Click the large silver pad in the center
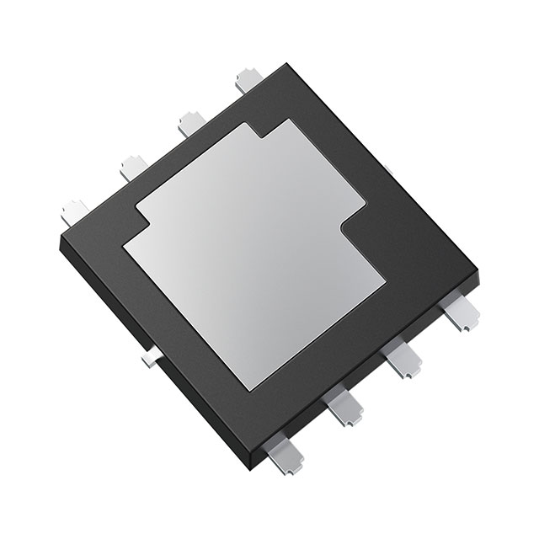pyautogui.click(x=253, y=253)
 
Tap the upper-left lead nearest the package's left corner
pyautogui.click(x=75, y=210)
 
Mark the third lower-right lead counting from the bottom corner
pyautogui.click(x=402, y=363)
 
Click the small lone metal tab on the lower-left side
pyautogui.click(x=148, y=360)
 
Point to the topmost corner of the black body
pyautogui.click(x=287, y=64)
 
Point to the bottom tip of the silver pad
pyautogui.click(x=250, y=391)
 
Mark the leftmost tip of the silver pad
pyautogui.click(x=124, y=247)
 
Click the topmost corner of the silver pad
pyautogui.click(x=291, y=120)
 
